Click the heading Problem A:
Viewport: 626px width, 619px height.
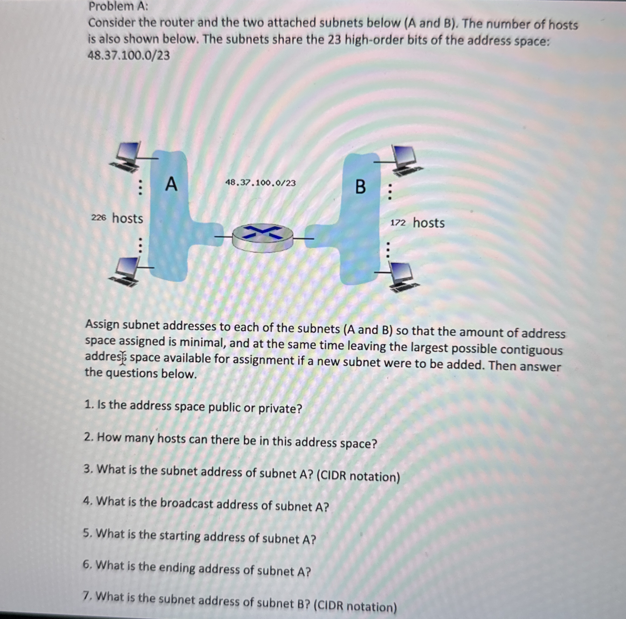(x=118, y=6)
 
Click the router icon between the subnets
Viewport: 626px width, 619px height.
(x=263, y=238)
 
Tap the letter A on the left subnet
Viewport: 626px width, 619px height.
(x=171, y=184)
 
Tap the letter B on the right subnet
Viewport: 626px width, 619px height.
(x=360, y=187)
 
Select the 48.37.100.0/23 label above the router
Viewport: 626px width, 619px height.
(x=260, y=183)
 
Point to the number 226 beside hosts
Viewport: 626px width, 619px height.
(x=98, y=218)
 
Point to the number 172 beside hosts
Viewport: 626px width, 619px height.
(x=398, y=223)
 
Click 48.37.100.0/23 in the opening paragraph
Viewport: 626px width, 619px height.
(x=129, y=56)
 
